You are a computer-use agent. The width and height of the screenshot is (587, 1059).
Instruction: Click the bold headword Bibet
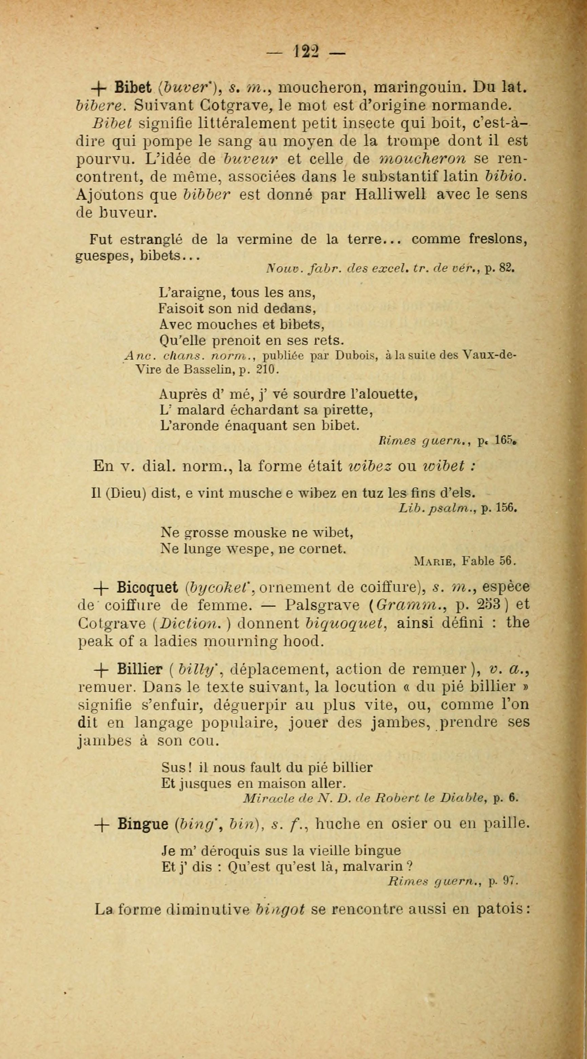click(x=134, y=88)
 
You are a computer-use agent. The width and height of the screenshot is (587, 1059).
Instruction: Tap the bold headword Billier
click(x=140, y=670)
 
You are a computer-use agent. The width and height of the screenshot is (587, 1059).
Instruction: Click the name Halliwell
click(x=390, y=194)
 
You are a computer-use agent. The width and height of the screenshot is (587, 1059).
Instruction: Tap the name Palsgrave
click(x=323, y=605)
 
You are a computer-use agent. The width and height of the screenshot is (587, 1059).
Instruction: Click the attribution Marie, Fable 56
click(x=465, y=561)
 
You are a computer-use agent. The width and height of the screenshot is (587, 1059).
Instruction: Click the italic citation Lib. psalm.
click(x=437, y=509)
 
